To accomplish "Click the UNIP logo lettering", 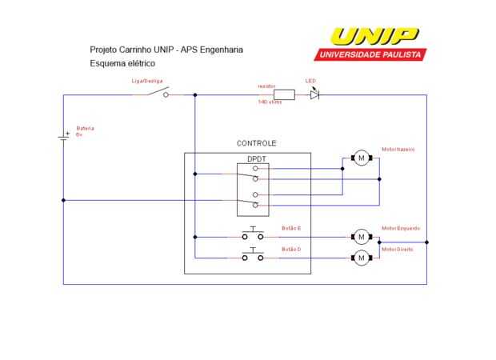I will pos(374,37).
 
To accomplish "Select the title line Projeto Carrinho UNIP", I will pos(166,50).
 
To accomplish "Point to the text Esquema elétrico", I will pos(122,62).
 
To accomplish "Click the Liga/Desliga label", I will pos(147,82).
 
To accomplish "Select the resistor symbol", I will pos(284,94).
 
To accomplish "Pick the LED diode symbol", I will pos(314,94).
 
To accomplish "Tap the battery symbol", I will pos(64,137).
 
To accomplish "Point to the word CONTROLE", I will pos(257,143).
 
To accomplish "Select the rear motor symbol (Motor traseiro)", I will pos(361,158).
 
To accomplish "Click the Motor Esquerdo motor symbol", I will pos(361,236).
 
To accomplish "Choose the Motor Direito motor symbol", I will pos(361,257).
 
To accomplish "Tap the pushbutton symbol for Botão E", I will pos(254,234).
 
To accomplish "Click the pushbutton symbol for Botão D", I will pos(254,255).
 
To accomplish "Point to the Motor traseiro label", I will pos(398,150).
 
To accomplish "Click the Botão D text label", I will pos(291,250).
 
